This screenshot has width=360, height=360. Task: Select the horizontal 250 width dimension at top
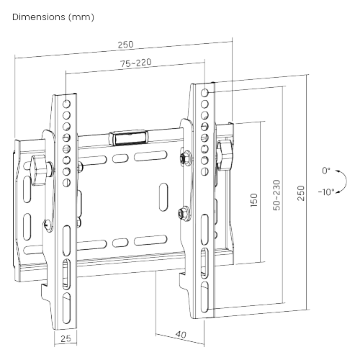pos(125,45)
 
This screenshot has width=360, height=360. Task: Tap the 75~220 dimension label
pos(135,63)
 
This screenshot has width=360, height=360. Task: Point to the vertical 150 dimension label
pos(253,200)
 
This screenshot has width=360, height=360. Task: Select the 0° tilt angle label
pos(326,171)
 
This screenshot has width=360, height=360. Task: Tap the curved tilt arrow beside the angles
pos(341,181)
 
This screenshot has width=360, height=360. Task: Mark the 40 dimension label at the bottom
pos(180,334)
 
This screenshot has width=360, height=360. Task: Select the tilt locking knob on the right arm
pos(228,153)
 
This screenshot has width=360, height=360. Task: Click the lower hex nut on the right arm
pos(184,212)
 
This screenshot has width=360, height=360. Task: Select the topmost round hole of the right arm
pos(206,94)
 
